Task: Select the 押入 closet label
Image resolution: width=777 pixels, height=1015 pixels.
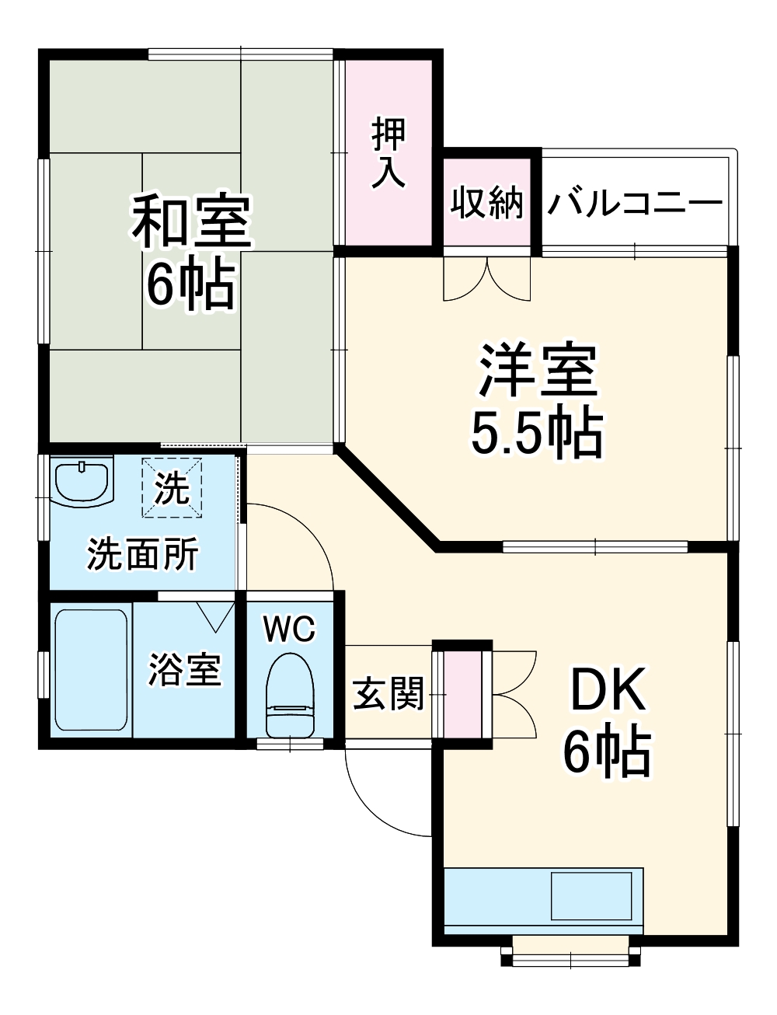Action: pos(388,153)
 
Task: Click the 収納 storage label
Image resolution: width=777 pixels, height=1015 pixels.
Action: pos(488,203)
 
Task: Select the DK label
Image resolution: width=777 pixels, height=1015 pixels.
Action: pos(608,689)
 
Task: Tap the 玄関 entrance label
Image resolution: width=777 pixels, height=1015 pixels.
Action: pos(388,693)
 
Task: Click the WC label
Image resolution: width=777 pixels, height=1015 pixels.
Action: pos(289,629)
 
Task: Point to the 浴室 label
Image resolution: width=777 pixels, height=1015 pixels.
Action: pos(185,669)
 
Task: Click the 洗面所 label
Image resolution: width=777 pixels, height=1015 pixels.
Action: pos(142,554)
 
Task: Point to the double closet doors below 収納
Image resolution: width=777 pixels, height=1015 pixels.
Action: pos(486,277)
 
